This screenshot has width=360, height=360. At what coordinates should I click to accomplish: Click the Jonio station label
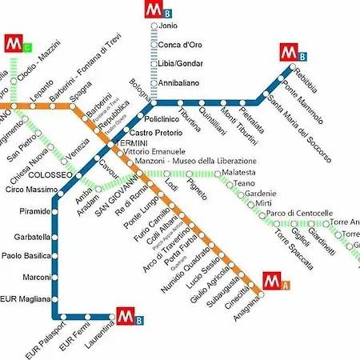point(168,26)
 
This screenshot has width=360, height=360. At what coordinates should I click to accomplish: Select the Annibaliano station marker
point(154,82)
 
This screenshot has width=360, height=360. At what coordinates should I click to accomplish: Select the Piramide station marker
point(54,212)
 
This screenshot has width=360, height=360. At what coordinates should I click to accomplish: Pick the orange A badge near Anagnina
point(286,284)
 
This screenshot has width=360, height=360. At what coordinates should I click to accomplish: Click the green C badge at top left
point(27,46)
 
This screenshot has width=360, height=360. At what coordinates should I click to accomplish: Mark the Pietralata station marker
point(237,102)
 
